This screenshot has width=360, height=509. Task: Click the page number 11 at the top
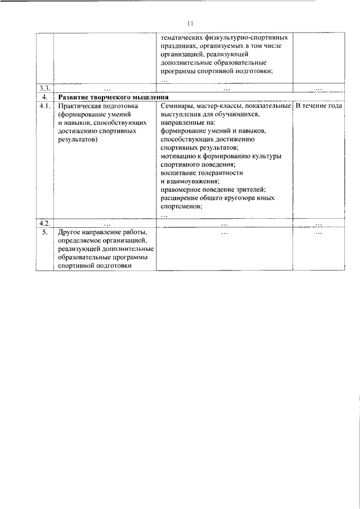click(190, 24)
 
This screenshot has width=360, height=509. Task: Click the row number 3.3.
click(44, 88)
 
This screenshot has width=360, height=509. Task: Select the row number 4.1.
click(44, 106)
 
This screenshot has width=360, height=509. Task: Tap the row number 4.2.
click(44, 223)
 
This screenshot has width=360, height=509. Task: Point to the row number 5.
click(44, 232)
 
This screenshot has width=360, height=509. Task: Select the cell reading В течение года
click(319, 106)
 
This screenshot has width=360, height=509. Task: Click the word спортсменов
click(181, 206)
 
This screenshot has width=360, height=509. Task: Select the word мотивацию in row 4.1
click(177, 156)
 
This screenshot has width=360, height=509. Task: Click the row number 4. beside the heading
click(44, 97)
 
